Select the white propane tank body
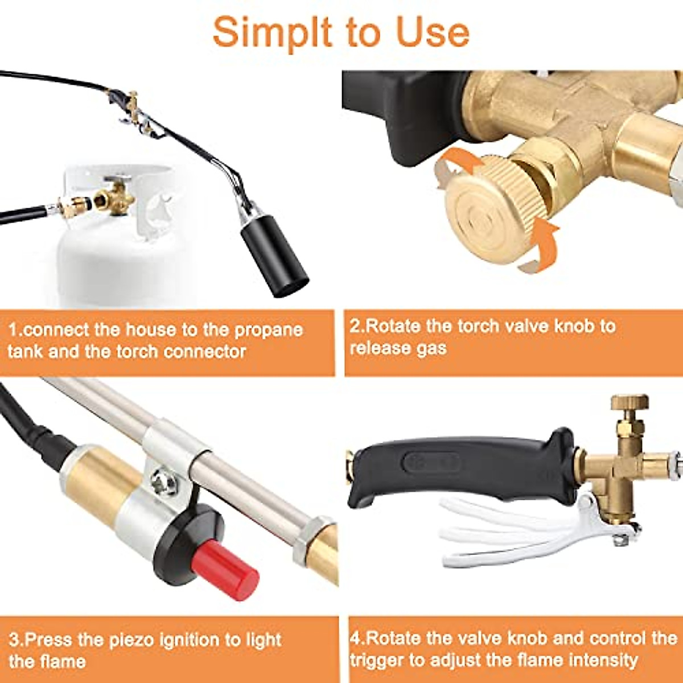coord(114,262)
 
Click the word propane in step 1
coord(269,330)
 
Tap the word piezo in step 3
coord(127,640)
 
